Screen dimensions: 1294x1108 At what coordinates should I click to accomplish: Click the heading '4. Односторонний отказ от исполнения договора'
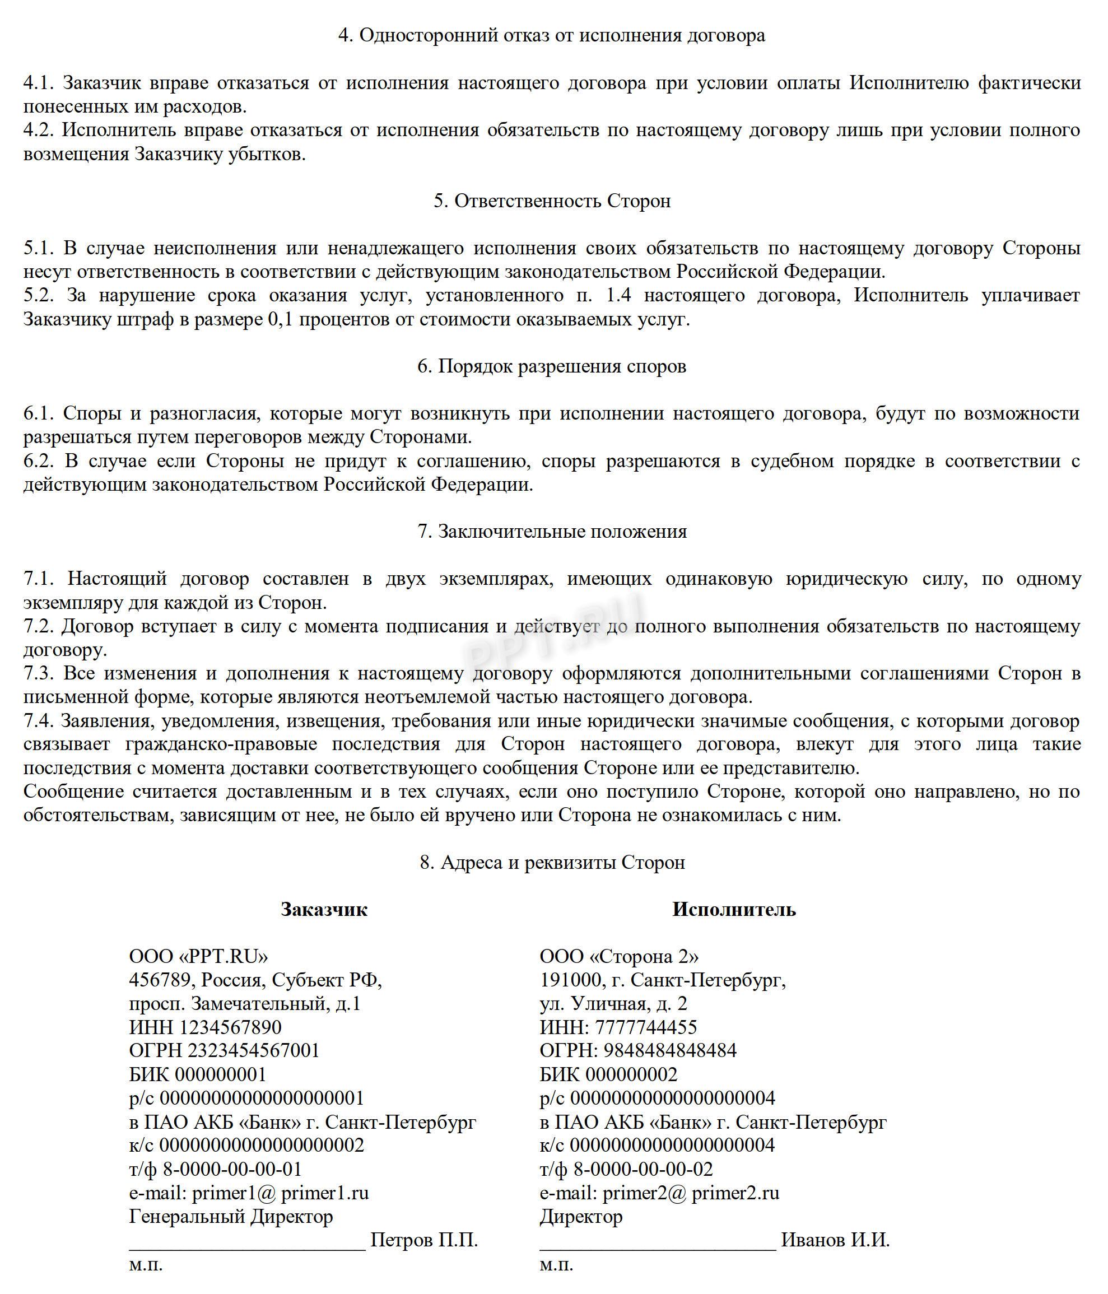point(552,36)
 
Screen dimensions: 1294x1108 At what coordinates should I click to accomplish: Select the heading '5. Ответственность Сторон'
point(552,201)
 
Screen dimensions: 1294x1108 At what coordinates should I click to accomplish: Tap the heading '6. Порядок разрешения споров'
point(552,366)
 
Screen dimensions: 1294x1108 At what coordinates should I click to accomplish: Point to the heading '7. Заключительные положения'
point(552,532)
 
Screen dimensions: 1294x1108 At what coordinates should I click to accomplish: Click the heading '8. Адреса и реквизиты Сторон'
point(552,863)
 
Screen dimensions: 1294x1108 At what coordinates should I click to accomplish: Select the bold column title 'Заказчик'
point(324,909)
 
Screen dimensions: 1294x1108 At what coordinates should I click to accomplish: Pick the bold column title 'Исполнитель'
point(734,909)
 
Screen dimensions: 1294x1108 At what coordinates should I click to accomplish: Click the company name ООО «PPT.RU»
point(199,957)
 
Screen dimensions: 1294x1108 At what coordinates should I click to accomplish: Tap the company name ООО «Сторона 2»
point(619,957)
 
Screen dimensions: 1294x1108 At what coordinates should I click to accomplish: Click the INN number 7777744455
point(646,1027)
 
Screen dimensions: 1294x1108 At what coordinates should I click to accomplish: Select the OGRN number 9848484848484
point(669,1051)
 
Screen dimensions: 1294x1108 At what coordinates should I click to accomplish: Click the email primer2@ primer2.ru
point(691,1193)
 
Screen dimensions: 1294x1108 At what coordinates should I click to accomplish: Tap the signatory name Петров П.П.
point(424,1240)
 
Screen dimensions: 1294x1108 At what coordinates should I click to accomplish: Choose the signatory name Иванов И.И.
point(835,1240)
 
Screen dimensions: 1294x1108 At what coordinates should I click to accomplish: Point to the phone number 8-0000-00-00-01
point(232,1169)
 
